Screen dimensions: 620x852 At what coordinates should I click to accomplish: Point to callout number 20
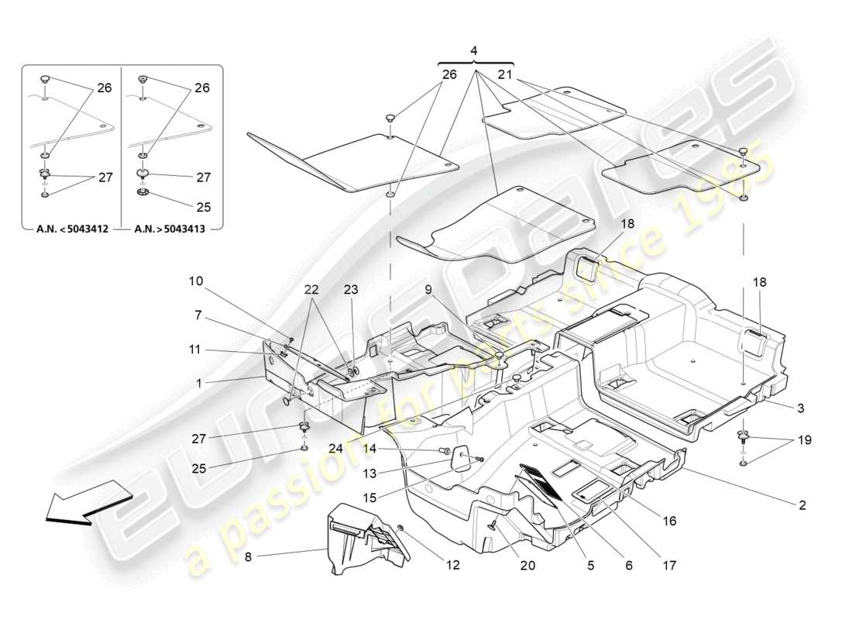click(x=527, y=566)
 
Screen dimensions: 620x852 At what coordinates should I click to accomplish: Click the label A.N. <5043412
click(x=71, y=229)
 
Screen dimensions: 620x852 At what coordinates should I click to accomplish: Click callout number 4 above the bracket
click(x=475, y=50)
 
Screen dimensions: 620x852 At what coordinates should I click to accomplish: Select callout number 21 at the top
click(x=504, y=74)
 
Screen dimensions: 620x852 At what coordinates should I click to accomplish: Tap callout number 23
click(x=351, y=289)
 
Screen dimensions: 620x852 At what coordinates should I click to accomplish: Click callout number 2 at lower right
click(x=802, y=505)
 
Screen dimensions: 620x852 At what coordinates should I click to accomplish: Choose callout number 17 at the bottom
click(x=670, y=566)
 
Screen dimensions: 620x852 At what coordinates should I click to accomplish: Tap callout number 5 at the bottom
click(x=590, y=566)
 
